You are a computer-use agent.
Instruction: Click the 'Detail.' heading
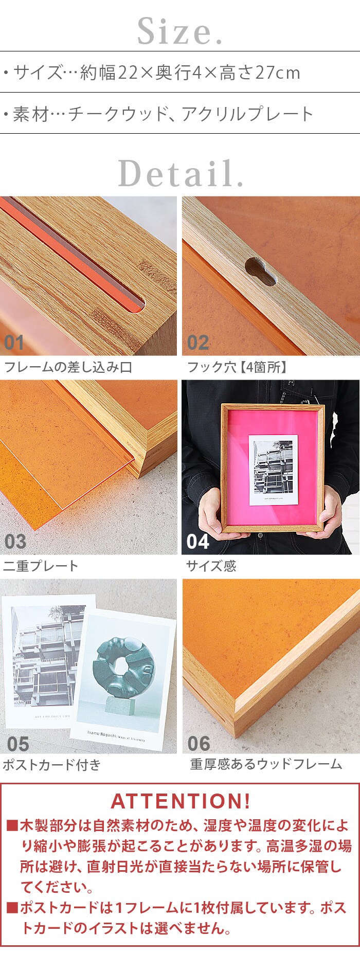pyautogui.click(x=181, y=173)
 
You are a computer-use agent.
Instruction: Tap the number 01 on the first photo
pyautogui.click(x=14, y=343)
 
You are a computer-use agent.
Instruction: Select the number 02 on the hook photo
pyautogui.click(x=198, y=343)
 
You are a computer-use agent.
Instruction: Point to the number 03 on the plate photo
pyautogui.click(x=15, y=542)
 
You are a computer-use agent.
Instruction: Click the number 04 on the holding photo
pyautogui.click(x=198, y=542)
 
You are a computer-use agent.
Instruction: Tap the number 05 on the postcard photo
pyautogui.click(x=18, y=744)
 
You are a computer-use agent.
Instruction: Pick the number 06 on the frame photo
pyautogui.click(x=199, y=744)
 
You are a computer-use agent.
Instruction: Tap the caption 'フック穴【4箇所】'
pyautogui.click(x=237, y=367)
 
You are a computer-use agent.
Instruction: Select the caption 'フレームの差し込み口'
pyautogui.click(x=68, y=367)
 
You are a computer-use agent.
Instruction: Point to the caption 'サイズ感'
pyautogui.click(x=211, y=566)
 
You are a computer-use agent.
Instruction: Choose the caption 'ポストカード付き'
pyautogui.click(x=52, y=765)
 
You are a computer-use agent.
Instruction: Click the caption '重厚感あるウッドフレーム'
pyautogui.click(x=266, y=764)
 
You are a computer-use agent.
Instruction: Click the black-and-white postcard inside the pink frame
pyautogui.click(x=274, y=470)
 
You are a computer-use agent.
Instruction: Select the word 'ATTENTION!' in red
pyautogui.click(x=181, y=801)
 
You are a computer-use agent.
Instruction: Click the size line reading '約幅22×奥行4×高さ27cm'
pyautogui.click(x=190, y=73)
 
